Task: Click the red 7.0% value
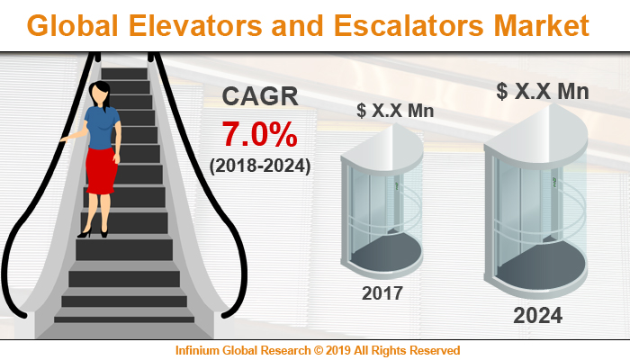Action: (260, 134)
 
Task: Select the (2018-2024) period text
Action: (260, 166)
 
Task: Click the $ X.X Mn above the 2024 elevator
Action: (538, 91)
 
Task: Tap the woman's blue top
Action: (102, 126)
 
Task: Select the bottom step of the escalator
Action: (124, 318)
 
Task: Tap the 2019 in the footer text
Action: (341, 349)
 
